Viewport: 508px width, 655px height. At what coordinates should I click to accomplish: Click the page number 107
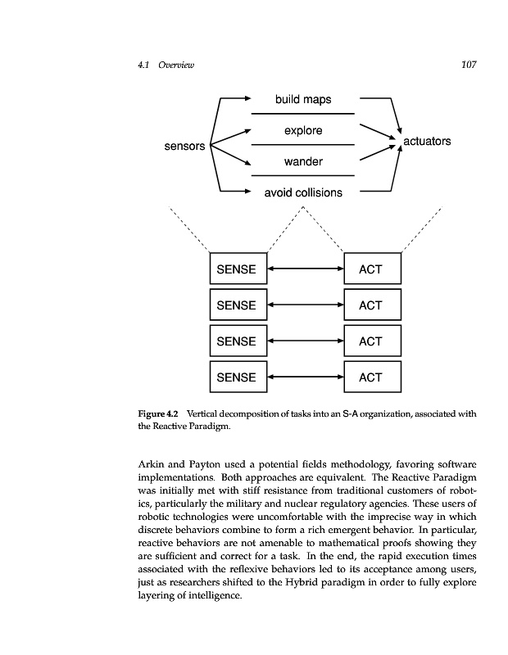468,65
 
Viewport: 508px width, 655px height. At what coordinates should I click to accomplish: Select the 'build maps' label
303,99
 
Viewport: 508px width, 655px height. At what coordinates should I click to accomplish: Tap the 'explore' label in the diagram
303,130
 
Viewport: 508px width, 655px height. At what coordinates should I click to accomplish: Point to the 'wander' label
303,161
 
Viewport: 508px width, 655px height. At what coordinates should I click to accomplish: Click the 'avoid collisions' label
303,193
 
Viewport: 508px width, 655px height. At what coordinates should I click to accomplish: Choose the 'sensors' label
184,147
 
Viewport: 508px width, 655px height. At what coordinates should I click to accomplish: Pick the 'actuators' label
427,141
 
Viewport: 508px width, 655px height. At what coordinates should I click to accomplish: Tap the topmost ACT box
373,269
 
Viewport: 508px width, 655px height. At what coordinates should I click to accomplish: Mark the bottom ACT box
373,377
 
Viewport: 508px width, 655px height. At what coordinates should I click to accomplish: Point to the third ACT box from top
373,341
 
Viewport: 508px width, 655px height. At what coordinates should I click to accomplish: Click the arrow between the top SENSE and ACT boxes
306,269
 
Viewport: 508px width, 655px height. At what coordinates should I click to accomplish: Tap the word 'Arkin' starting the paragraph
155,466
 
